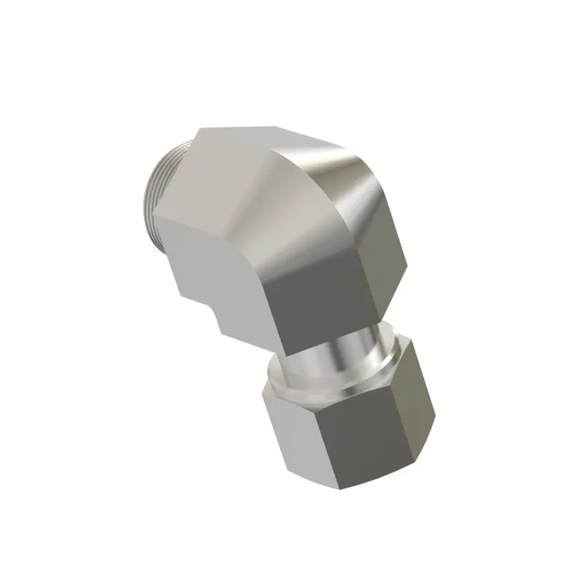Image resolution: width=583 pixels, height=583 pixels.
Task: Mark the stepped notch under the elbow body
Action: [x=219, y=321]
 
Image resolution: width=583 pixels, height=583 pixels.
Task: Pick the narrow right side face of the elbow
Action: [x=386, y=277]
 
